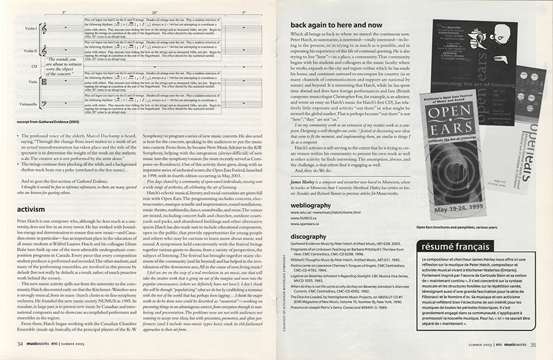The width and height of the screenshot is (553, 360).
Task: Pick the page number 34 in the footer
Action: tap(20, 345)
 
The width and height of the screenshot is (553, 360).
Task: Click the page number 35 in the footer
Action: tap(533, 345)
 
